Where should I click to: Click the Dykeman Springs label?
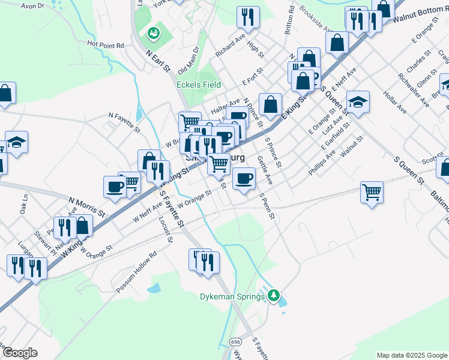click(232, 296)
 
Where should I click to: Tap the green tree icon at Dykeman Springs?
click(274, 295)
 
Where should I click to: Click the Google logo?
click(19, 353)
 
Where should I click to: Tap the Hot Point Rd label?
click(105, 44)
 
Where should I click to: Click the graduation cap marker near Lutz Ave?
click(358, 102)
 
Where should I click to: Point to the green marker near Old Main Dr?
click(154, 33)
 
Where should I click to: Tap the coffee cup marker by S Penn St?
click(243, 178)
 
